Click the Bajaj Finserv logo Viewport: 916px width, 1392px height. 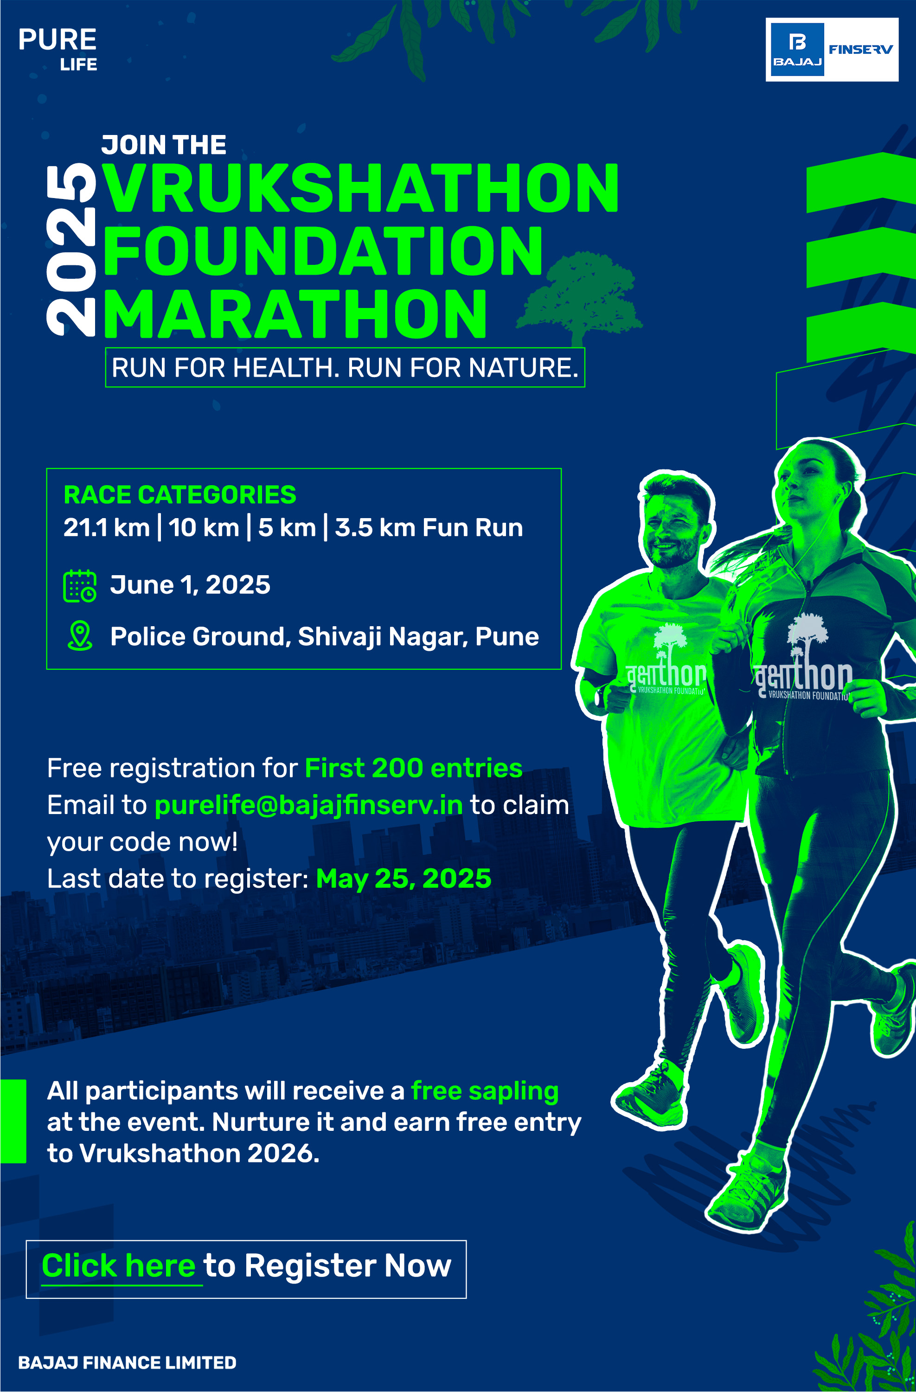click(x=831, y=50)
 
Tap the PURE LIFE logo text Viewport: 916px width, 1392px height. click(x=58, y=50)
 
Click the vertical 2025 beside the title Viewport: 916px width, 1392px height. click(x=71, y=250)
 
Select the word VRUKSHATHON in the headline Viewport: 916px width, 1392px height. click(x=361, y=188)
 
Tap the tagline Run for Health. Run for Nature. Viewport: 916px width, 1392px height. click(x=345, y=367)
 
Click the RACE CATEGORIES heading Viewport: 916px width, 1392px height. click(x=179, y=495)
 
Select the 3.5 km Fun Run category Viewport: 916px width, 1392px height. click(x=429, y=527)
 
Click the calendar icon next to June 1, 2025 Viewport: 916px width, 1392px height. click(x=80, y=585)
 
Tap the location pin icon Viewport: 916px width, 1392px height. click(x=80, y=636)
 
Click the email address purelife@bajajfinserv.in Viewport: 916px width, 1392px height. click(x=308, y=805)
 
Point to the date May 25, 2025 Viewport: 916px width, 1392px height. click(x=404, y=879)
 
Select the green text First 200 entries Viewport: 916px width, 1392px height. click(x=414, y=768)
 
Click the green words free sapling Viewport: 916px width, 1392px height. click(x=485, y=1091)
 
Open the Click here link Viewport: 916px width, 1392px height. click(x=119, y=1266)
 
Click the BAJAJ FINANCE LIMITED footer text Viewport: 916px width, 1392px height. click(x=128, y=1363)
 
